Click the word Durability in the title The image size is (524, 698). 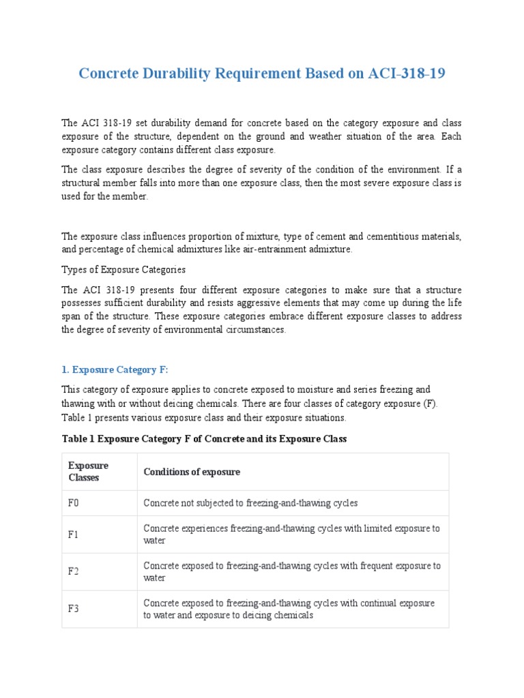[x=176, y=74]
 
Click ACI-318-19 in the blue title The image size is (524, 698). [x=406, y=74]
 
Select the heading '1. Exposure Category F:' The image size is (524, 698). [x=115, y=369]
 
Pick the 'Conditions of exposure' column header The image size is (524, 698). [x=191, y=472]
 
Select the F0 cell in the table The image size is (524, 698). [x=74, y=503]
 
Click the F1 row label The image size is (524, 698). [x=74, y=534]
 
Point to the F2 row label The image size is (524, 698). [x=74, y=572]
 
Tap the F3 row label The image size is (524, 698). [x=74, y=609]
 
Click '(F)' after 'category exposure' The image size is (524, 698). [x=430, y=403]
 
